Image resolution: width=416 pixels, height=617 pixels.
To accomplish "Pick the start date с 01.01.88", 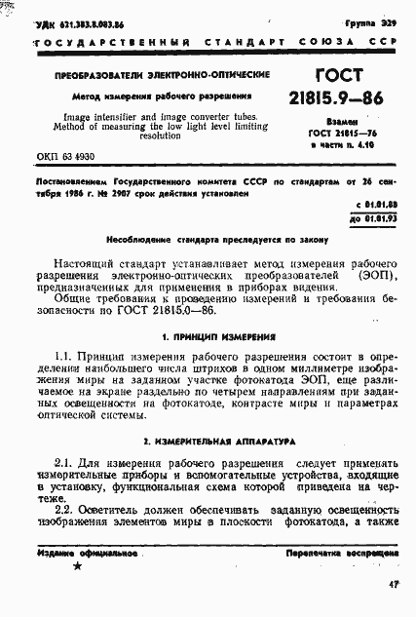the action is (373, 203).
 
